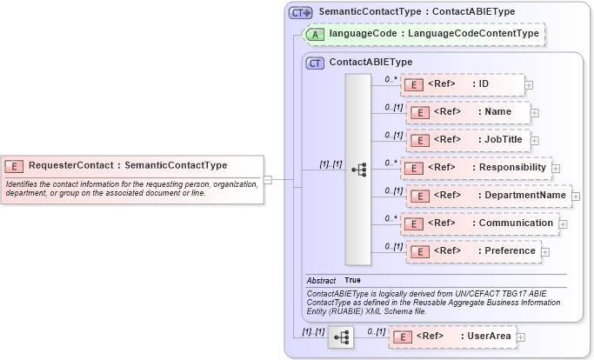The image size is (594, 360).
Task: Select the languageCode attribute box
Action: [426, 34]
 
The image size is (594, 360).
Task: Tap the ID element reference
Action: [462, 84]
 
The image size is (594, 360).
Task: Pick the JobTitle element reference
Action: [469, 139]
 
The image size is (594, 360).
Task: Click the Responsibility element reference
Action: [476, 168]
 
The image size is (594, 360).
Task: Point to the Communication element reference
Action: [478, 223]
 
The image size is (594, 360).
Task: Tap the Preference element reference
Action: [471, 251]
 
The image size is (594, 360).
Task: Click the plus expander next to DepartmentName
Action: [576, 197]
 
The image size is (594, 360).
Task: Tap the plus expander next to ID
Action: [529, 85]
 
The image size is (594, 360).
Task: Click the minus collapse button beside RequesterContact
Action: [268, 180]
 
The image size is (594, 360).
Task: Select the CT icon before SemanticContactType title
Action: [301, 12]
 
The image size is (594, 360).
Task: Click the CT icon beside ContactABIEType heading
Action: [316, 63]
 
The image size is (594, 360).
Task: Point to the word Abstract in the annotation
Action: [321, 280]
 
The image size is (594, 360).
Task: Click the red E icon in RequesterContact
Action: [15, 165]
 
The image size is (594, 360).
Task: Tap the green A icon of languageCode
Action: [317, 34]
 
